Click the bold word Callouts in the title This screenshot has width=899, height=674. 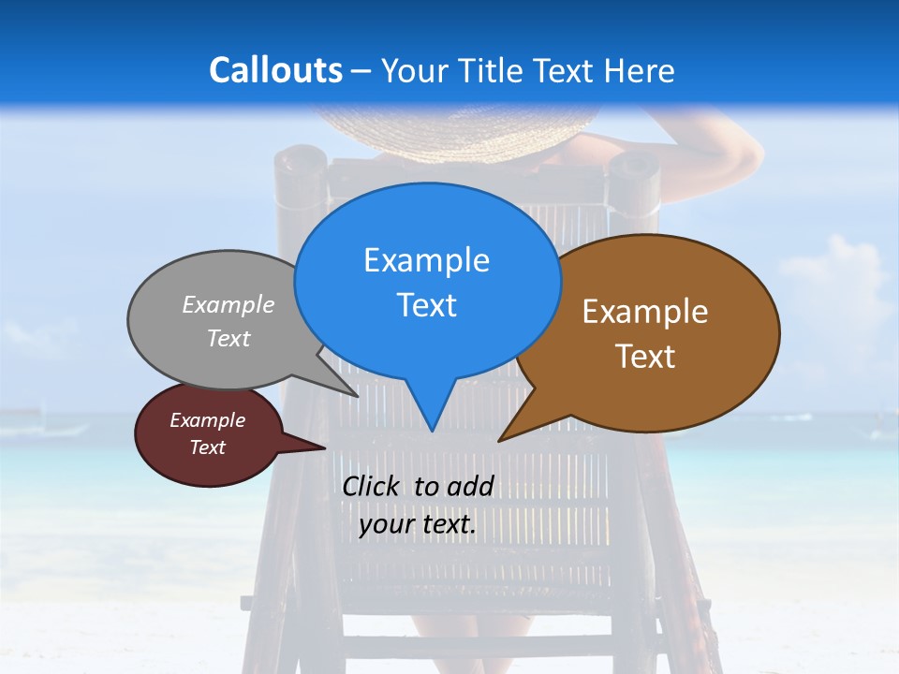coord(275,70)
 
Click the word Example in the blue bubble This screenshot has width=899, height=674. coord(426,260)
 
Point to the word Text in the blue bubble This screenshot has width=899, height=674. coord(426,304)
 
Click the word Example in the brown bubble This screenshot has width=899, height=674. coord(645,312)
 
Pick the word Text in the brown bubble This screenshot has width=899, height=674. coord(645,356)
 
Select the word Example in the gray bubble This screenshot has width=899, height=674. coord(228,304)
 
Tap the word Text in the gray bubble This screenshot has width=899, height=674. coord(228,338)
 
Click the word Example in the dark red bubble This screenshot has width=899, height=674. coord(207,420)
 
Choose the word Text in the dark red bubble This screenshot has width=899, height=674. coord(207,447)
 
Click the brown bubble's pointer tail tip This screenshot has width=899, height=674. coord(501,439)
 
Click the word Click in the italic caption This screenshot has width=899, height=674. coord(373,486)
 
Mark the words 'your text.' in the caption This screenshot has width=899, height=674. coord(417,524)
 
